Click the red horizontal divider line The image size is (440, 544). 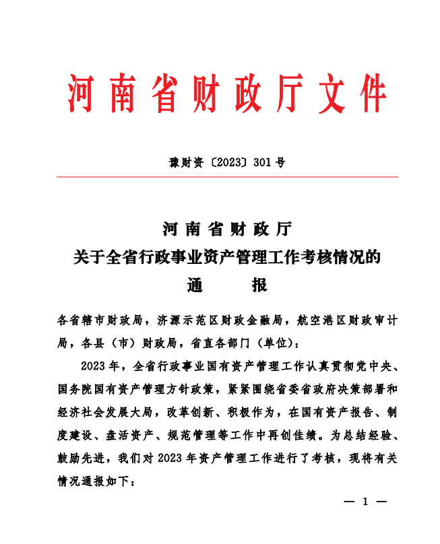[227, 177]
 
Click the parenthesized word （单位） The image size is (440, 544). [276, 343]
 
